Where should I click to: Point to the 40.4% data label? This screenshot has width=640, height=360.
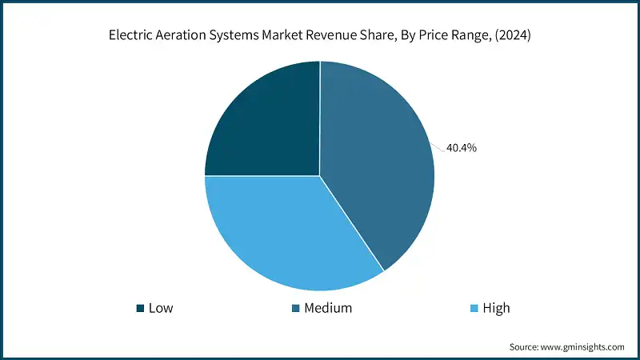(462, 148)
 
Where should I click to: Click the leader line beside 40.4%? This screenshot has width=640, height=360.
(439, 146)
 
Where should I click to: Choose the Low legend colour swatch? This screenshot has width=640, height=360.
(141, 308)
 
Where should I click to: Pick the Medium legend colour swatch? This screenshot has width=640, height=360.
(296, 308)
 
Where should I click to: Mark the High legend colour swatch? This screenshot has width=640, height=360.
(474, 308)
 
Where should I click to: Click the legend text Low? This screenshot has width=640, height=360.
(161, 308)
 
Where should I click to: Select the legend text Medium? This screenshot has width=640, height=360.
(328, 308)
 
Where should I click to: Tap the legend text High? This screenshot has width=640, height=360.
(496, 308)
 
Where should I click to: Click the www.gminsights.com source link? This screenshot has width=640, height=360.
(585, 347)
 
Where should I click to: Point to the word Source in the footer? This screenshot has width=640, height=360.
(526, 347)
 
